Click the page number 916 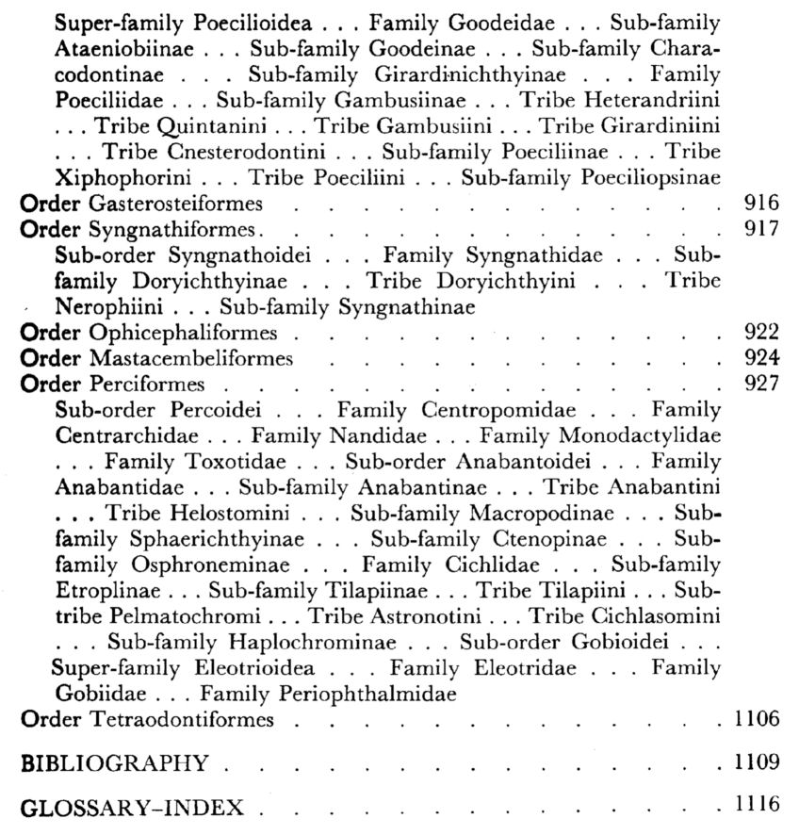click(760, 203)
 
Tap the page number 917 click(760, 228)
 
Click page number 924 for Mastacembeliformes click(760, 358)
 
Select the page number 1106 click(756, 720)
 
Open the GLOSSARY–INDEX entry click(132, 808)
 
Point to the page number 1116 click(756, 806)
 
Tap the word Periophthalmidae click(369, 695)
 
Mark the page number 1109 click(756, 762)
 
